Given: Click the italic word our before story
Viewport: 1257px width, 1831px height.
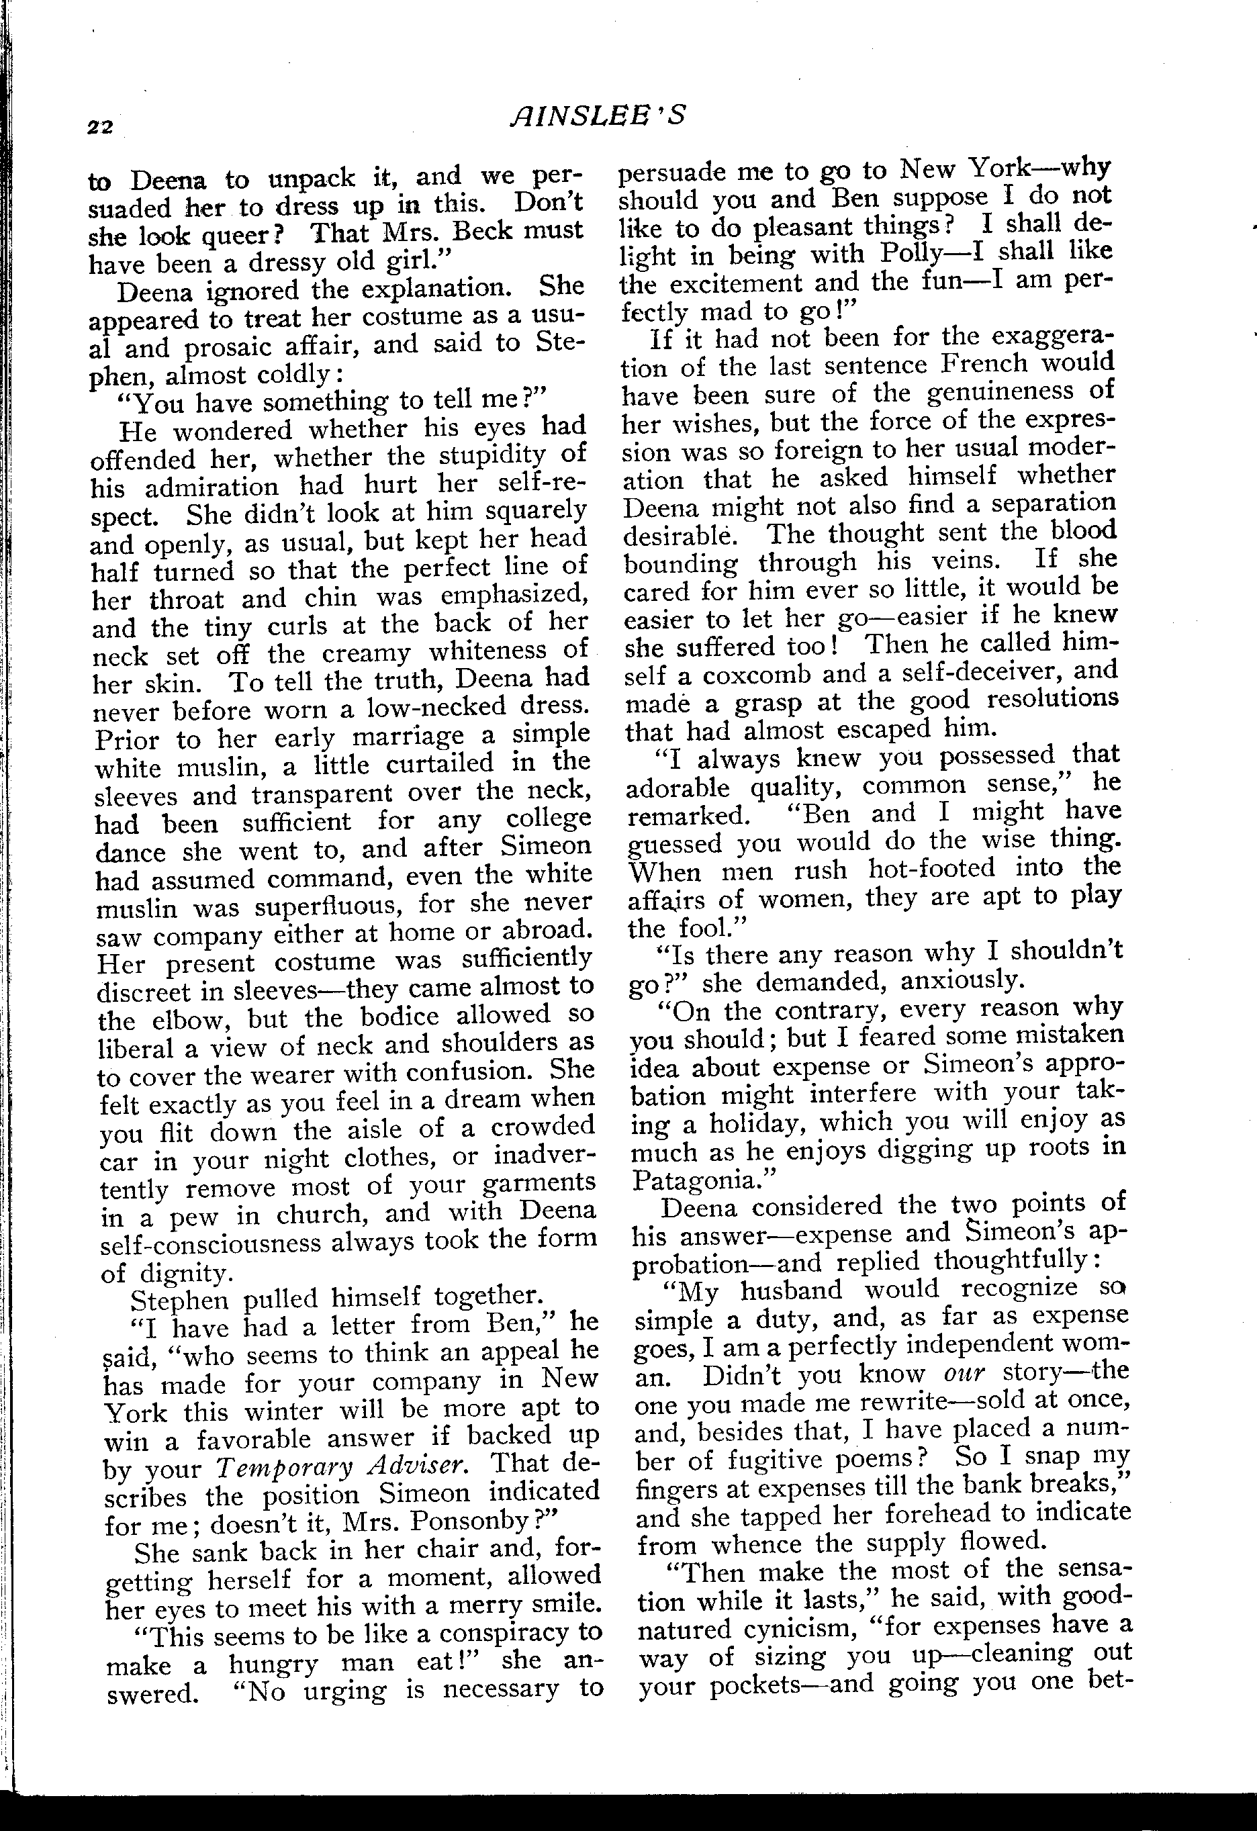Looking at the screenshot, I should tap(964, 1372).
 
